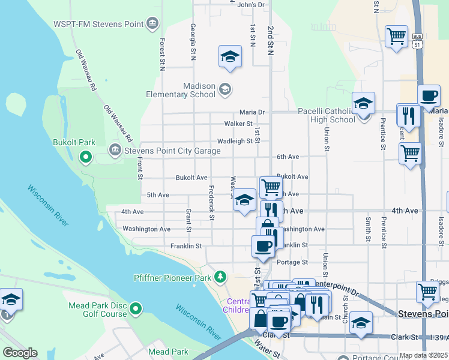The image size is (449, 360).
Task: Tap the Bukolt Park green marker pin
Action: click(x=85, y=158)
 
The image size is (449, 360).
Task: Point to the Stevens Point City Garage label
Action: click(x=171, y=150)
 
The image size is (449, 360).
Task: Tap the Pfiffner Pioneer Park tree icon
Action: click(x=221, y=277)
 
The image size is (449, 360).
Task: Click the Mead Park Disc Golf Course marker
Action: click(x=136, y=309)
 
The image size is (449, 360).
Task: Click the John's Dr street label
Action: click(x=251, y=5)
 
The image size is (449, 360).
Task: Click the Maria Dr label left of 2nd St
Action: click(x=252, y=112)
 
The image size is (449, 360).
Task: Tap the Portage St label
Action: click(x=292, y=262)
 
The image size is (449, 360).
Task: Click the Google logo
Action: click(x=20, y=353)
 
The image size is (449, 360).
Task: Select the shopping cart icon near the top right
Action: click(x=396, y=37)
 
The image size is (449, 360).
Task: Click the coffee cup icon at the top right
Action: click(x=429, y=96)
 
